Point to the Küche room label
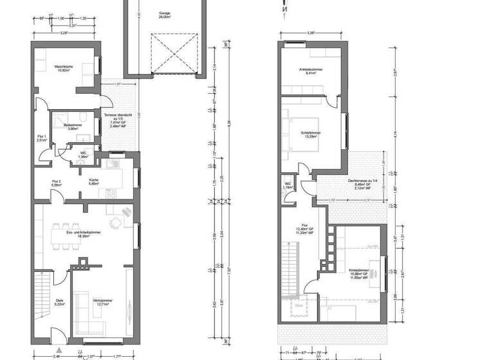click(94, 180)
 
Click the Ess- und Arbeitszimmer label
click(84, 233)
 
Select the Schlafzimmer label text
click(311, 133)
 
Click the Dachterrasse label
click(363, 181)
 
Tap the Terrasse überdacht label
click(117, 114)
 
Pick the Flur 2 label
click(57, 182)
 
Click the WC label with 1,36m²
click(83, 153)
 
